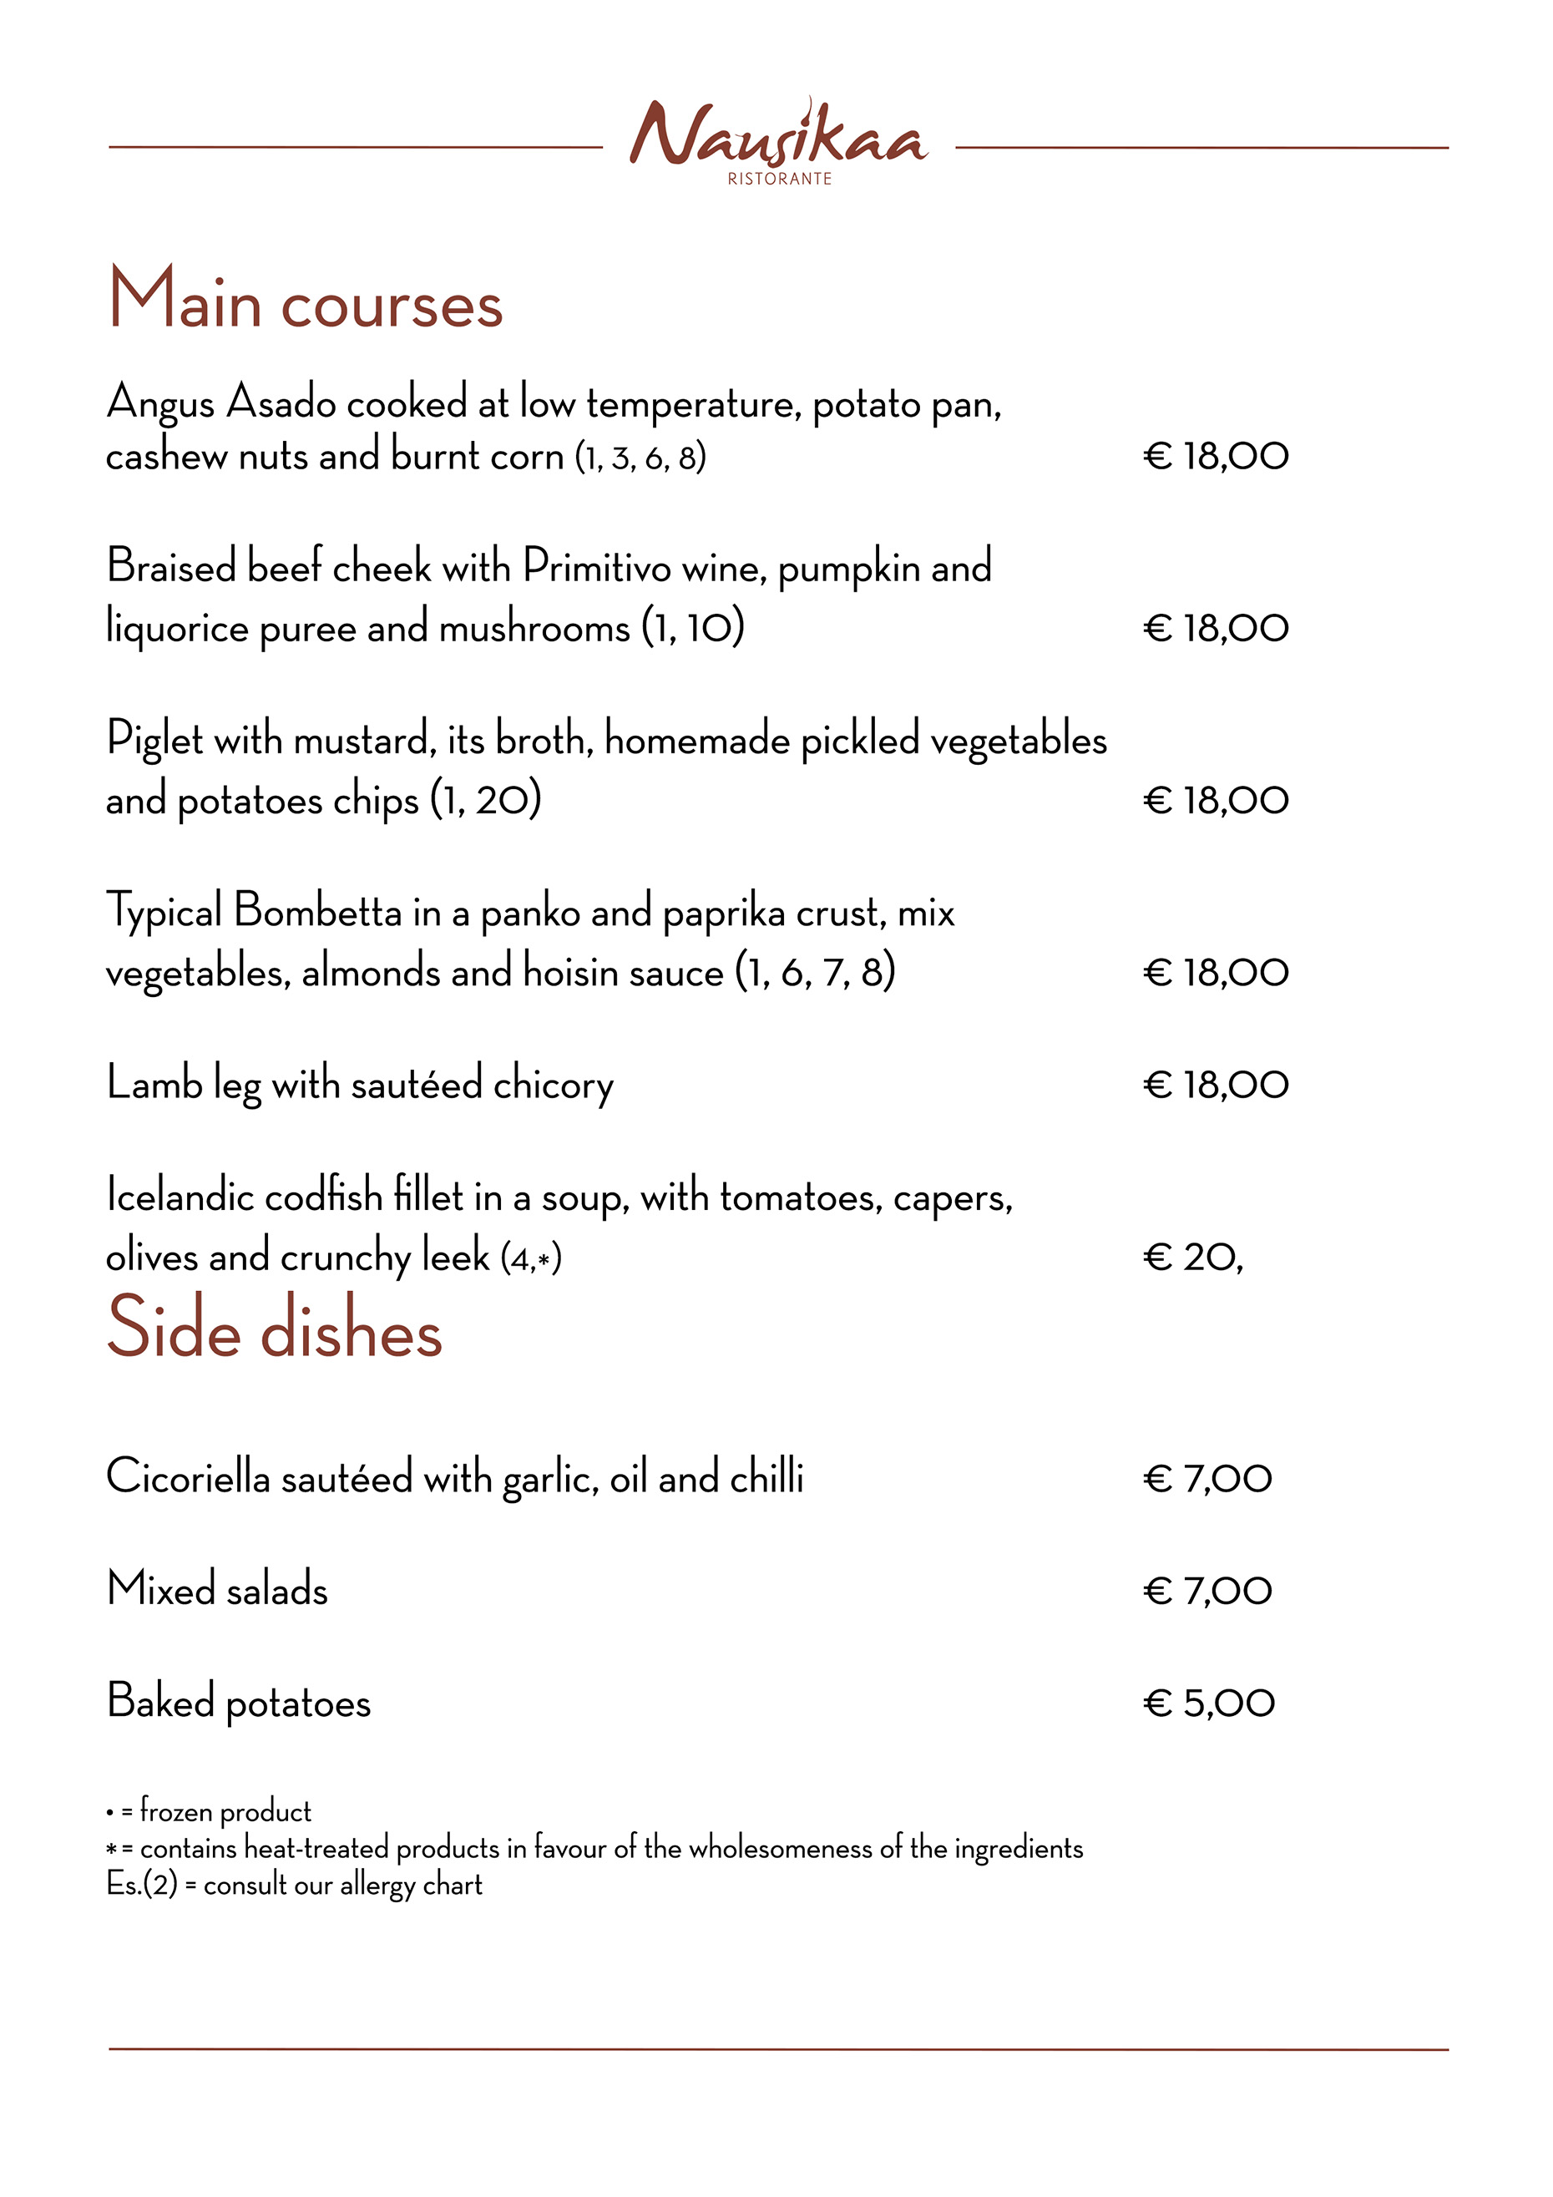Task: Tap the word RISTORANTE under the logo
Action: click(779, 179)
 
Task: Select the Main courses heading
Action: click(306, 300)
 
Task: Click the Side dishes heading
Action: click(275, 1327)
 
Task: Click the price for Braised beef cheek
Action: click(1215, 629)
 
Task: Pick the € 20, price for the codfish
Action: click(1192, 1257)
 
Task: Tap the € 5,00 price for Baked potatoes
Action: click(1208, 1703)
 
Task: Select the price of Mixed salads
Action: click(1206, 1590)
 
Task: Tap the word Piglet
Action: click(154, 740)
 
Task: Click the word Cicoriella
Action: click(189, 1476)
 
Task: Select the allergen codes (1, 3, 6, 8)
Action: click(640, 458)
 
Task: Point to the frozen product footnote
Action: click(210, 1810)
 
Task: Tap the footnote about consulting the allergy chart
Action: click(294, 1884)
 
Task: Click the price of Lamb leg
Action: click(1215, 1084)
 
